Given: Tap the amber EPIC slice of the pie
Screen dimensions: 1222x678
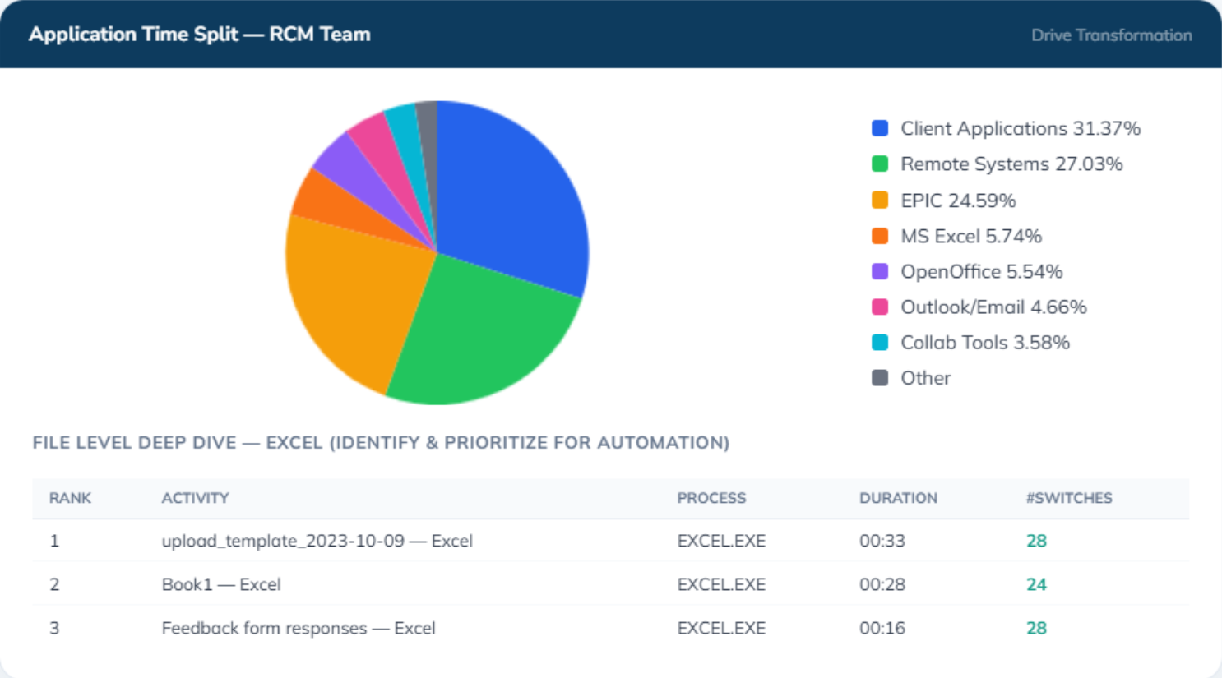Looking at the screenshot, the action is click(x=354, y=294).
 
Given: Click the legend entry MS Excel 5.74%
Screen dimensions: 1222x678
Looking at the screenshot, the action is click(x=957, y=236).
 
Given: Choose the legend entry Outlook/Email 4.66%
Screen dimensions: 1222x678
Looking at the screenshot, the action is click(x=979, y=307).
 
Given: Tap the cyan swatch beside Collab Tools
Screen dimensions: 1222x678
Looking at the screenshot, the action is click(x=879, y=342).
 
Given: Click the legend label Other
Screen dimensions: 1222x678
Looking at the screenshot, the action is click(x=926, y=378).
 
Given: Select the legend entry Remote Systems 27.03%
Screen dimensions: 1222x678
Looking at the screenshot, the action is click(x=998, y=164).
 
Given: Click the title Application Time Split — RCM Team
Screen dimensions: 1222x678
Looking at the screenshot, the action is click(x=200, y=35).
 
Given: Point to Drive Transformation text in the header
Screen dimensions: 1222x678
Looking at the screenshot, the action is click(x=1111, y=35).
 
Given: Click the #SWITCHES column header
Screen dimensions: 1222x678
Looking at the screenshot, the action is click(x=1069, y=498).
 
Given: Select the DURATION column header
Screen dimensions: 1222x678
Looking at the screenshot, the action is click(x=899, y=498).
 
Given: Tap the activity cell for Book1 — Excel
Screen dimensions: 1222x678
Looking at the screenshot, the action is click(x=221, y=584).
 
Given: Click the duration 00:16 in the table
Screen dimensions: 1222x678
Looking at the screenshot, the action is click(x=882, y=628).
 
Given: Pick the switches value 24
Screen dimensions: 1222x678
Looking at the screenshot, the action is click(x=1036, y=584).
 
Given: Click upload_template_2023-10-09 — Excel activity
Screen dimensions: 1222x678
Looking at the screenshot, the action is click(x=317, y=541).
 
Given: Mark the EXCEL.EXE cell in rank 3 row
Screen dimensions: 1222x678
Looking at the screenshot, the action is click(x=721, y=628).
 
